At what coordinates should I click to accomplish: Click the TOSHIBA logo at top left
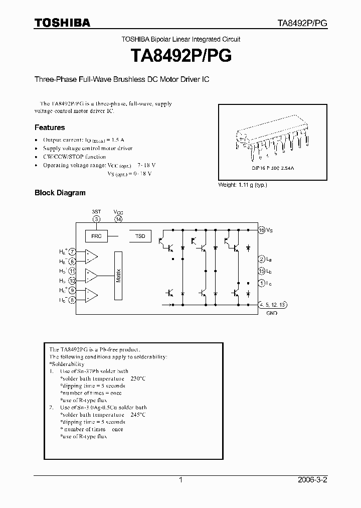[x=62, y=23]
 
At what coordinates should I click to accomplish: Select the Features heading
[x=50, y=128]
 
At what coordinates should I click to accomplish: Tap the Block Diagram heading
[x=60, y=192]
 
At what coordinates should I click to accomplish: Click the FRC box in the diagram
[x=97, y=235]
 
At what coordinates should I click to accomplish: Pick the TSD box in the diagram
[x=140, y=235]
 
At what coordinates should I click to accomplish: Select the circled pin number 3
[x=97, y=219]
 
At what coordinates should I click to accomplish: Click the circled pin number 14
[x=118, y=219]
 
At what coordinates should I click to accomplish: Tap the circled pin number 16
[x=261, y=230]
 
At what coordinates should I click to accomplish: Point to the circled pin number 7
[x=73, y=251]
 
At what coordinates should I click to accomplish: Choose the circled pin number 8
[x=73, y=300]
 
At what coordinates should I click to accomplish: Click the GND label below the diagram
[x=272, y=312]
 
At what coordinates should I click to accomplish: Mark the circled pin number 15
[x=261, y=271]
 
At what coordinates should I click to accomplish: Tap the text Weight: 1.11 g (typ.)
[x=243, y=185]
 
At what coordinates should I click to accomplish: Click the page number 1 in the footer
[x=180, y=480]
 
